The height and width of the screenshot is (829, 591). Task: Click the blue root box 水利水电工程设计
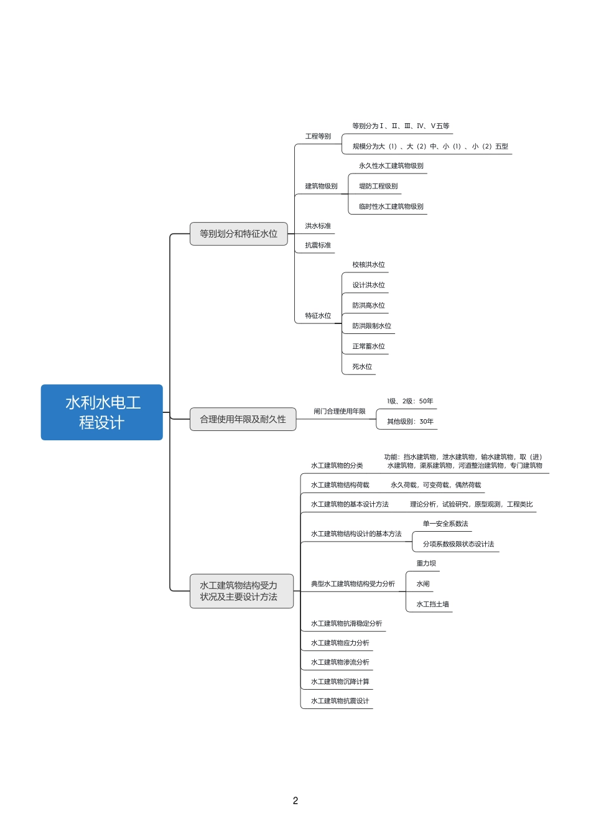102,412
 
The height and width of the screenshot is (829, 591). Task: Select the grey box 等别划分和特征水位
238,234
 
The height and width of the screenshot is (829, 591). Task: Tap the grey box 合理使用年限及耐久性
243,419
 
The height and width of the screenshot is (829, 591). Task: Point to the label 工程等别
318,136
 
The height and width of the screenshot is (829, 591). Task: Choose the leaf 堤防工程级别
378,186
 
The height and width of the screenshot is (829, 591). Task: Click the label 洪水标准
318,226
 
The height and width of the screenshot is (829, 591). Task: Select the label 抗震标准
318,245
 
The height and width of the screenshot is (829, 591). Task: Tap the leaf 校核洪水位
368,264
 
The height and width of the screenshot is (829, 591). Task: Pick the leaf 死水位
362,366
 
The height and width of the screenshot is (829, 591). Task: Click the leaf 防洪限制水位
371,326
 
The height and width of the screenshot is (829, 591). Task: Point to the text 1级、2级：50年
410,401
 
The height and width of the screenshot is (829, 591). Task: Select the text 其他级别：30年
410,422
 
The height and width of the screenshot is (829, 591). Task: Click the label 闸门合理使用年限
340,411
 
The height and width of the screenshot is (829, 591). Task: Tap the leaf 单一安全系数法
445,524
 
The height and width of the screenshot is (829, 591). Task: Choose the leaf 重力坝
426,563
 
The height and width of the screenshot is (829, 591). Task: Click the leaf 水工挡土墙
432,604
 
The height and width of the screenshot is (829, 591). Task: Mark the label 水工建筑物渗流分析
340,662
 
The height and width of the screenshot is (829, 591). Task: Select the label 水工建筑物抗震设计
340,701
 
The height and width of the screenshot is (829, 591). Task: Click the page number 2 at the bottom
295,800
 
